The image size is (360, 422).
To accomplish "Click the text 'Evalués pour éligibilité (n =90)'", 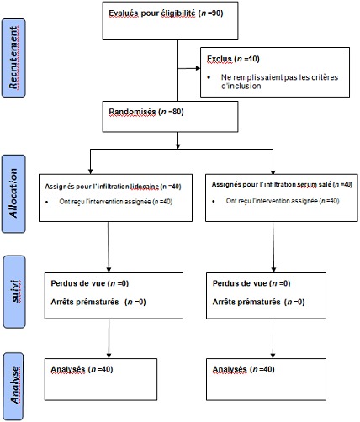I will pyautogui.click(x=165, y=14).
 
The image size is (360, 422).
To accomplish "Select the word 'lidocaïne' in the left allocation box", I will pyautogui.click(x=146, y=184).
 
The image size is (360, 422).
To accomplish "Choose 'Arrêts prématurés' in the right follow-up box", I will pyautogui.click(x=247, y=302).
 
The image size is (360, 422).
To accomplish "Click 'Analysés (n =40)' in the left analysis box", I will pyautogui.click(x=82, y=369).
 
